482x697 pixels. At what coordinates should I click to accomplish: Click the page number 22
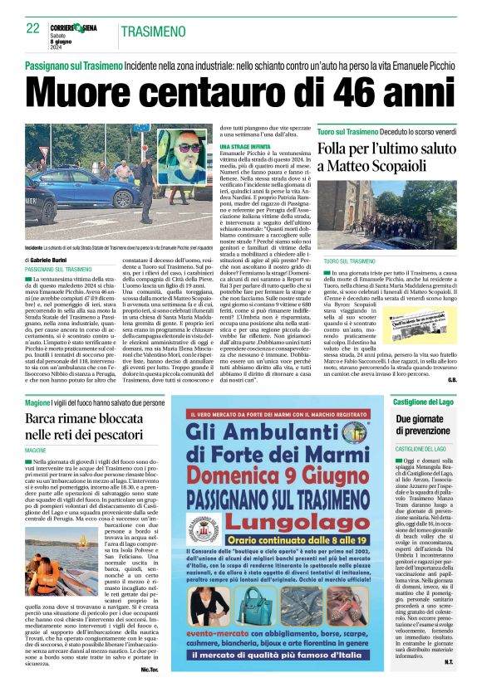click(x=33, y=29)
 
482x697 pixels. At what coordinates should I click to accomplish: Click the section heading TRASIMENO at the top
click(x=153, y=32)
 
